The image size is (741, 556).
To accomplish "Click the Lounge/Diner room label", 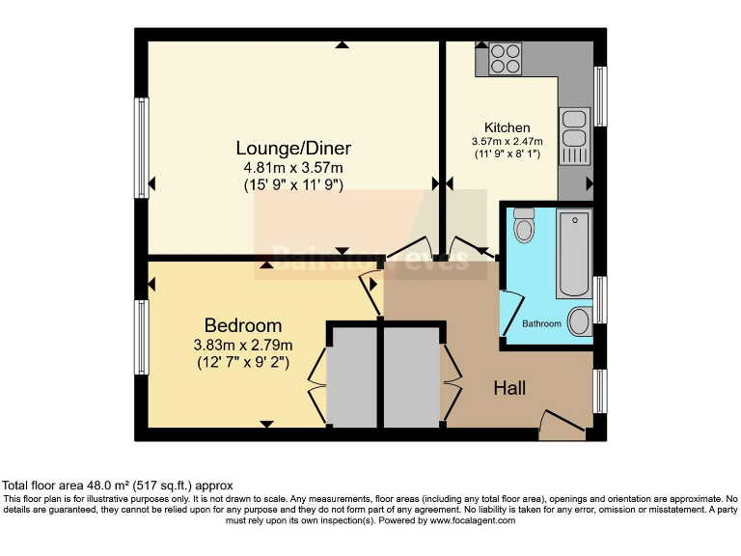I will click(x=293, y=148).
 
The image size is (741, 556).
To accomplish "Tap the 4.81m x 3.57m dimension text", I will click(x=293, y=166).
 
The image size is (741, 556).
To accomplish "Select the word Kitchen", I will click(x=507, y=127).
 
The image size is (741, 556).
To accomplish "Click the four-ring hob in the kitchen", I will click(x=506, y=60).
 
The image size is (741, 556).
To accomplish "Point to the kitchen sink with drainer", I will click(x=574, y=136).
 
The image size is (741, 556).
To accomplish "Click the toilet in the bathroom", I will click(x=524, y=224).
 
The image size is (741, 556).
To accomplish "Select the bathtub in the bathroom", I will click(x=573, y=253).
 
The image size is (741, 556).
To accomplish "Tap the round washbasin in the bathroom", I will click(x=581, y=320).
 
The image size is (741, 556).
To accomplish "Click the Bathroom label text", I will click(x=541, y=324).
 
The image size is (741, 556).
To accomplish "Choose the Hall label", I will click(x=509, y=388).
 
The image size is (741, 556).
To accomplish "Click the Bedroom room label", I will click(x=243, y=325).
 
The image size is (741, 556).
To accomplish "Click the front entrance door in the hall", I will click(x=563, y=426).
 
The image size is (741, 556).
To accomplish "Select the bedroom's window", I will click(x=142, y=338).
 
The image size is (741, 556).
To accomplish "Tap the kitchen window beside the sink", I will click(x=601, y=97).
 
